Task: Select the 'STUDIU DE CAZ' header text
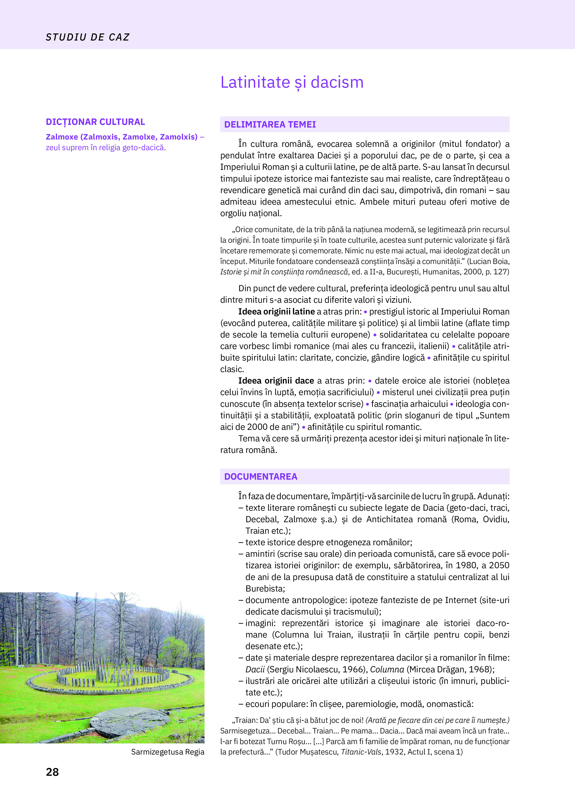pos(87,37)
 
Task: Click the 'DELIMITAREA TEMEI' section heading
pos(270,125)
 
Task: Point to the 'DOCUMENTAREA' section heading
pos(260,477)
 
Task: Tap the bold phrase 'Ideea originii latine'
pos(276,312)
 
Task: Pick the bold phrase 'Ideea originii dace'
pos(276,381)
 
